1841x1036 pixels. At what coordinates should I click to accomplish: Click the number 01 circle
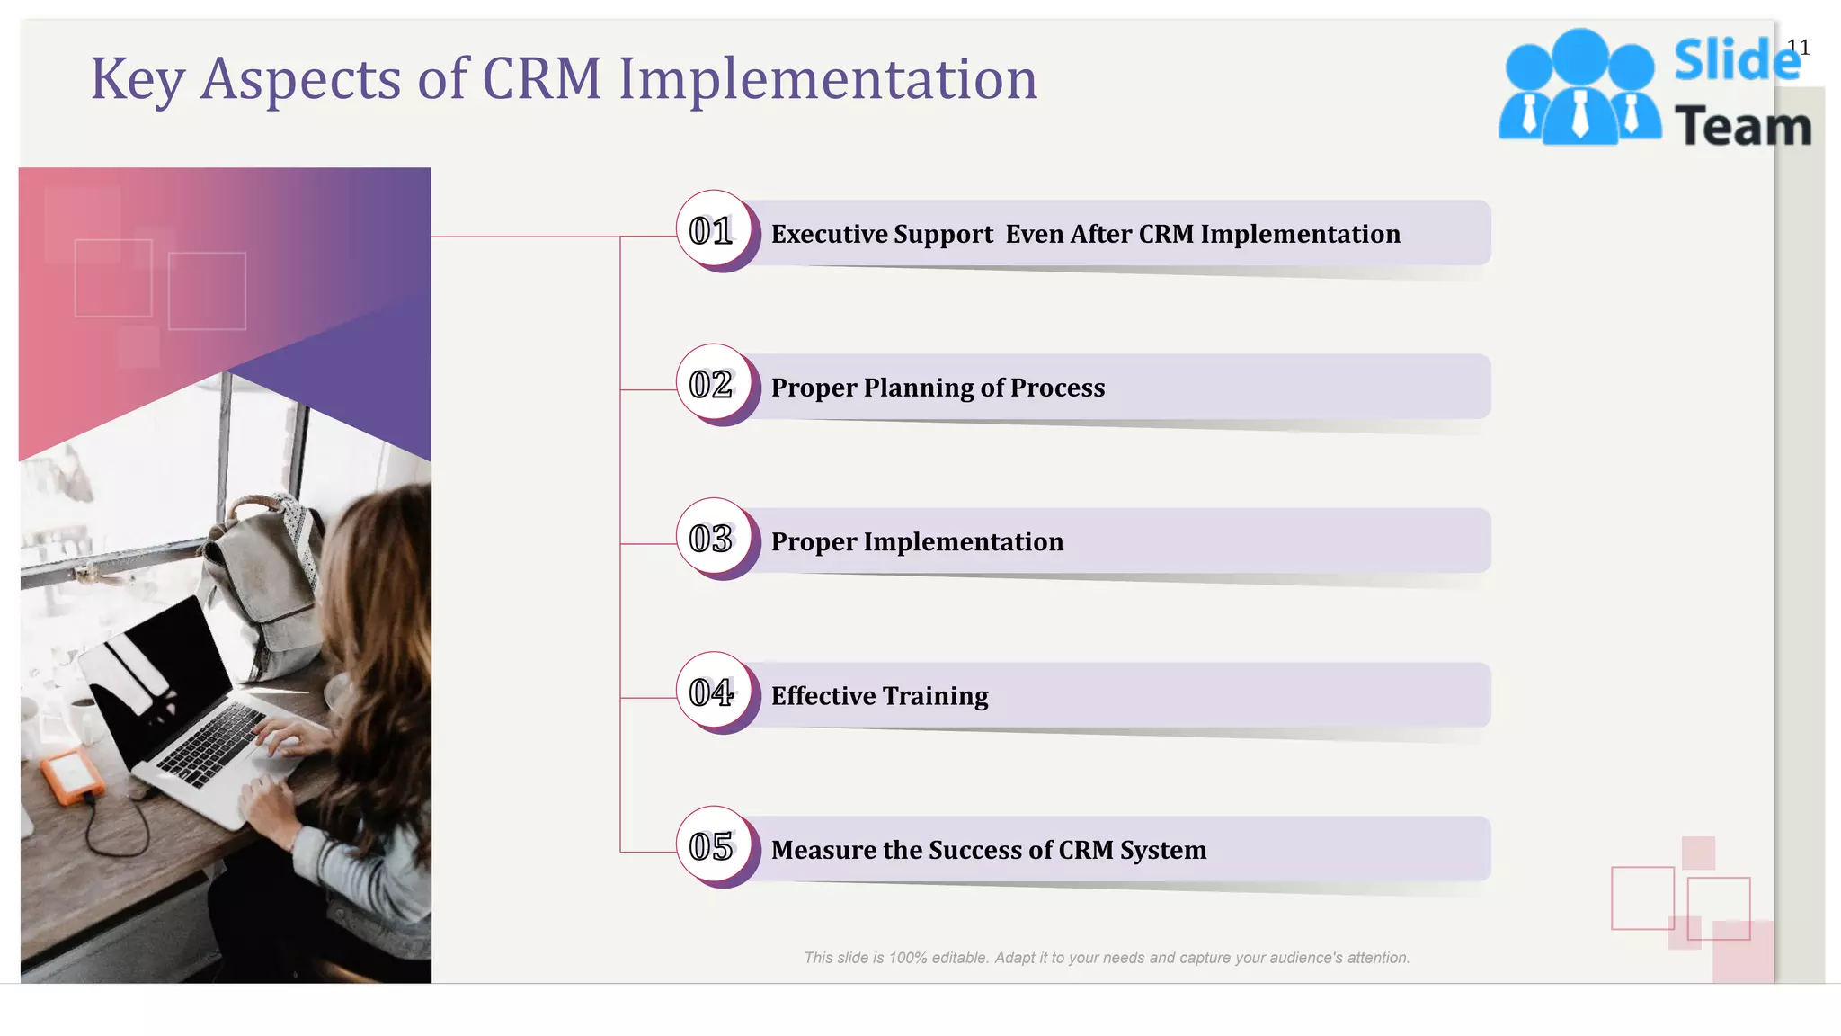tap(712, 230)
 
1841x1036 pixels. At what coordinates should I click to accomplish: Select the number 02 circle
tap(712, 385)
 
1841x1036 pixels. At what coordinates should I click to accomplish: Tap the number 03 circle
tap(712, 539)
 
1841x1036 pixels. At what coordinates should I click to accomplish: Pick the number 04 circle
tap(712, 692)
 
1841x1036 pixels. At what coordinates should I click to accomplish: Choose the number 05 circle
tap(712, 846)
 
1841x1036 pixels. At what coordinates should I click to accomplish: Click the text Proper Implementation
tap(917, 541)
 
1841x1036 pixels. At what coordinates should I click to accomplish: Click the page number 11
tap(1798, 47)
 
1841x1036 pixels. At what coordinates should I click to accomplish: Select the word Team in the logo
tap(1742, 126)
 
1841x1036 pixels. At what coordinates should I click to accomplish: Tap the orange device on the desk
tap(70, 775)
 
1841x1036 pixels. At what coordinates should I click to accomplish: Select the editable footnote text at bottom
tap(1106, 958)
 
